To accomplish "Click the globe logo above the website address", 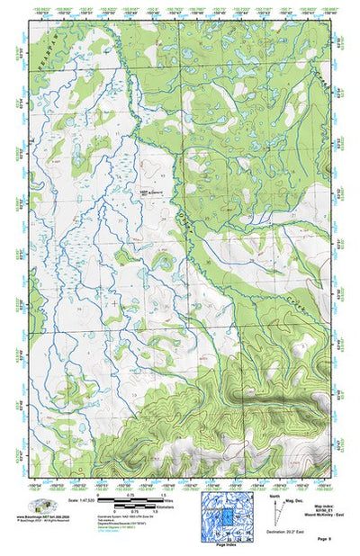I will pos(39,505).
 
